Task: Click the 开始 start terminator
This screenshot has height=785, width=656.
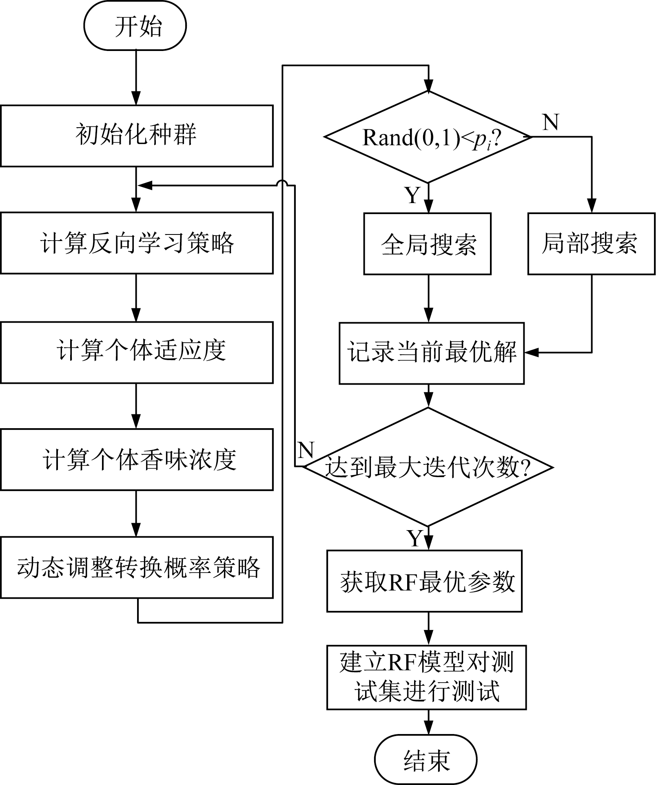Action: click(135, 26)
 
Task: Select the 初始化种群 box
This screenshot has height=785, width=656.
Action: click(136, 136)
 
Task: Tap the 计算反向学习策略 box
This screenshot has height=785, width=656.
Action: click(136, 243)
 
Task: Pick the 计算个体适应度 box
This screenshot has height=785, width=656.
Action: click(136, 352)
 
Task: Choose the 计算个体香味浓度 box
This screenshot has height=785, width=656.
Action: click(136, 459)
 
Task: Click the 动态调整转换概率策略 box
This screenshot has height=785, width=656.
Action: click(136, 567)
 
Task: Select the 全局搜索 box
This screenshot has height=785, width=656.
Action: click(427, 244)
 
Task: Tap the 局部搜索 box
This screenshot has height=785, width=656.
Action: click(591, 244)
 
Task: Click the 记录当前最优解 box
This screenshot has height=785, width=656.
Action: click(431, 353)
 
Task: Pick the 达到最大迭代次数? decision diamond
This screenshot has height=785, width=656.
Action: click(428, 467)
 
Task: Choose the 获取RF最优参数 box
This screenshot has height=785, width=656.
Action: click(424, 581)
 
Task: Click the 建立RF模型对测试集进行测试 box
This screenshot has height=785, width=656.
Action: click(426, 677)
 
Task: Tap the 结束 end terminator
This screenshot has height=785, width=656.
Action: click(426, 759)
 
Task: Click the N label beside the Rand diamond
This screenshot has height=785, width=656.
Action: click(550, 122)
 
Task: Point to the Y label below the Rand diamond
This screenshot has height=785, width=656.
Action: click(412, 195)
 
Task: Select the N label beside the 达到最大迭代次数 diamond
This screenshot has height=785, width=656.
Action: click(306, 451)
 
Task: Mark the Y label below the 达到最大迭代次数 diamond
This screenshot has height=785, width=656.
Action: click(415, 539)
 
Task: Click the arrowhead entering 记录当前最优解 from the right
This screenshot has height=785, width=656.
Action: click(531, 353)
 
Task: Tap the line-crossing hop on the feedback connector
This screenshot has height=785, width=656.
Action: click(282, 184)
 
